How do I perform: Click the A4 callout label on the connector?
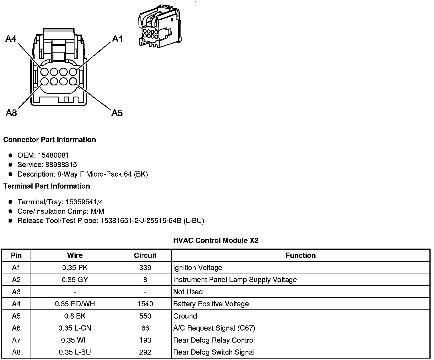coord(11,39)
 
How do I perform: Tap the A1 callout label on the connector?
coord(117,39)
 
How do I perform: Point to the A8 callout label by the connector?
coord(11,113)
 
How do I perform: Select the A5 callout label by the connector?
coord(117,113)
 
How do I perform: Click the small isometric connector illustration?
coord(159,26)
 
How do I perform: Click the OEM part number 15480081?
coord(53,155)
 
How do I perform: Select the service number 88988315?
coord(61,165)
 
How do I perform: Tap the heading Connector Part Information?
coord(49,140)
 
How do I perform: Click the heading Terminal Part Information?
coord(47,186)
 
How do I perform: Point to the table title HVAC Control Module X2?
coord(216,241)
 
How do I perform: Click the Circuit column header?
coord(145,255)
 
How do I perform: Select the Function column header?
coord(301,255)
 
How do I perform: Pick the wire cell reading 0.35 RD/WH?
coord(75,304)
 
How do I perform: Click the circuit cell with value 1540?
coord(145,304)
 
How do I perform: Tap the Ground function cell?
coord(185,316)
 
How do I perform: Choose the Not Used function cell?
coord(188,292)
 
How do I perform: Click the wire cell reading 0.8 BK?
coord(75,316)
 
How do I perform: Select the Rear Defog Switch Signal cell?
coord(214,352)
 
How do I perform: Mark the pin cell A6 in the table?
coord(16,328)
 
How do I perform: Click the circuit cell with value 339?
coord(145,268)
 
